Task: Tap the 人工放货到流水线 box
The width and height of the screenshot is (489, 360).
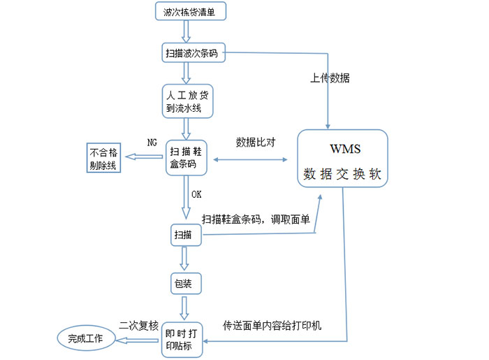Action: [184, 101]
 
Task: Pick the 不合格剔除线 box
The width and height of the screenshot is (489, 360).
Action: [103, 159]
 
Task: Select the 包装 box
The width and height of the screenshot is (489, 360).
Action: [186, 283]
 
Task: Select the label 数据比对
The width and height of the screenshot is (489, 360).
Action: [256, 142]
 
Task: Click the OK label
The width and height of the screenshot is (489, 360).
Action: [196, 194]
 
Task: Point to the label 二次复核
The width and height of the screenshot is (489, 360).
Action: [140, 324]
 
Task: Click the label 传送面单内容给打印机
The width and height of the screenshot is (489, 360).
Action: [272, 326]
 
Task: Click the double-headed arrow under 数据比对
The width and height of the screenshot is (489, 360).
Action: [251, 160]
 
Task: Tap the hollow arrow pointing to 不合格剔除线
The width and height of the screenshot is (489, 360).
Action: [143, 158]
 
